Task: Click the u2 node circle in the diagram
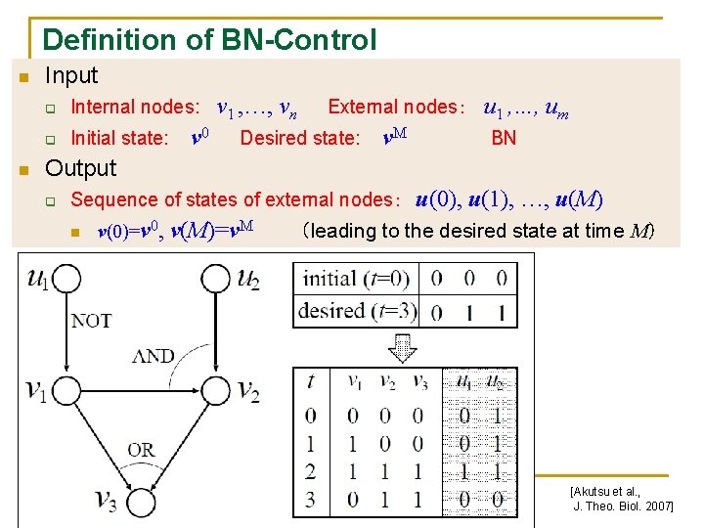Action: [216, 281]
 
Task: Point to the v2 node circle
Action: [216, 392]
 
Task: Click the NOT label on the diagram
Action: [91, 320]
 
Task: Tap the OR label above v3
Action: [141, 450]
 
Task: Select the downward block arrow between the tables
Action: [402, 346]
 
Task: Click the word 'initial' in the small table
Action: [330, 278]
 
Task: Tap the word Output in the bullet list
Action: [81, 168]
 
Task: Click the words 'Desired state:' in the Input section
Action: [300, 138]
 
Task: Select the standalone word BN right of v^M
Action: [504, 138]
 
